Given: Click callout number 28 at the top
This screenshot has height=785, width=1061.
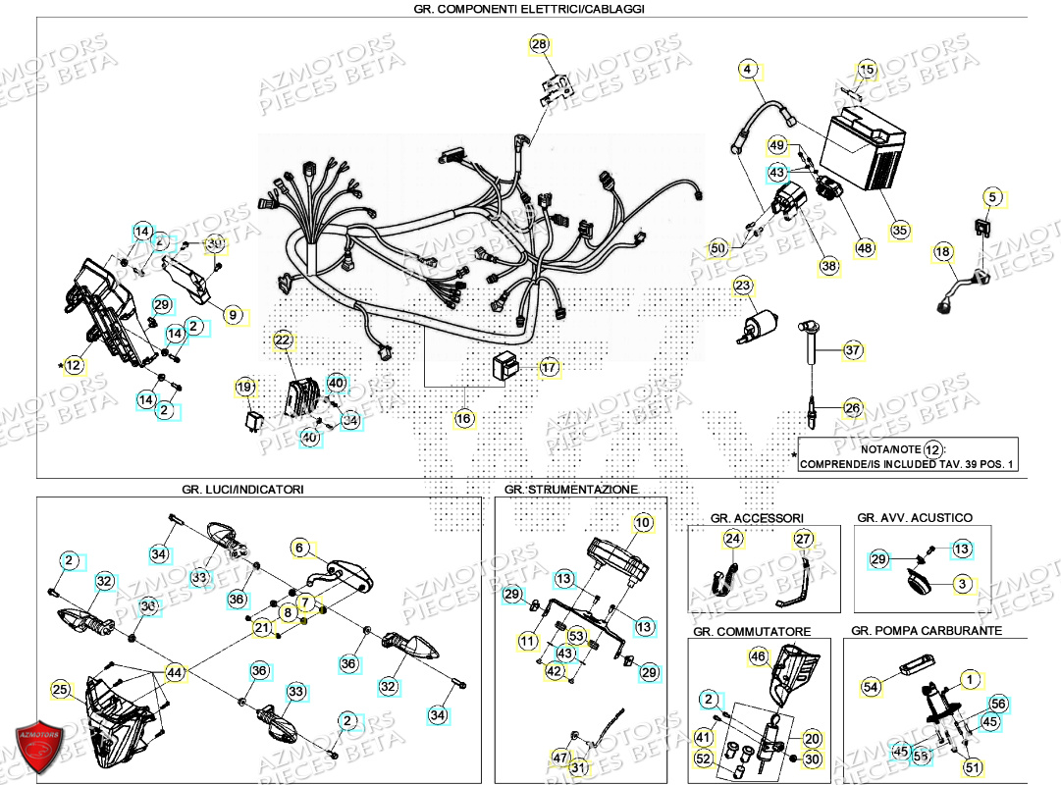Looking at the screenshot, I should pyautogui.click(x=540, y=44).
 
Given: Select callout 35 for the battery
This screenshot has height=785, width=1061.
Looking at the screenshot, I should pyautogui.click(x=900, y=231).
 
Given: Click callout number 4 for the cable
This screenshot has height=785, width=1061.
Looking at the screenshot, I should pyautogui.click(x=748, y=70).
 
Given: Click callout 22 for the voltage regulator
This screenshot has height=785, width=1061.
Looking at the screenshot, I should pyautogui.click(x=283, y=340).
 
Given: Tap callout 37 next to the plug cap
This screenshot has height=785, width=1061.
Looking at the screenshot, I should pyautogui.click(x=852, y=350).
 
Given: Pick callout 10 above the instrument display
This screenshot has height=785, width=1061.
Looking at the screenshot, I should pyautogui.click(x=642, y=523).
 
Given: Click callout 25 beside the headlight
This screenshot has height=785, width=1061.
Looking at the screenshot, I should pyautogui.click(x=61, y=690).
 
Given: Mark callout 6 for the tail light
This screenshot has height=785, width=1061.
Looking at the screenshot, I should pyautogui.click(x=300, y=549).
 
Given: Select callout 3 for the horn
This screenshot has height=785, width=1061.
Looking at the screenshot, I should pyautogui.click(x=962, y=584).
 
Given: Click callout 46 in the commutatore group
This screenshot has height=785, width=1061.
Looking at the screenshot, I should pyautogui.click(x=758, y=655).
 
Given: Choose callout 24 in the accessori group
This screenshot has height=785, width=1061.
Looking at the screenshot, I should pyautogui.click(x=733, y=538).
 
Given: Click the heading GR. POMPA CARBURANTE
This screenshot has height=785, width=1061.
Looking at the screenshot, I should pyautogui.click(x=927, y=630).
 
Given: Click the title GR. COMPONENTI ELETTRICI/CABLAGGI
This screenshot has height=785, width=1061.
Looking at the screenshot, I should pyautogui.click(x=530, y=9).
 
